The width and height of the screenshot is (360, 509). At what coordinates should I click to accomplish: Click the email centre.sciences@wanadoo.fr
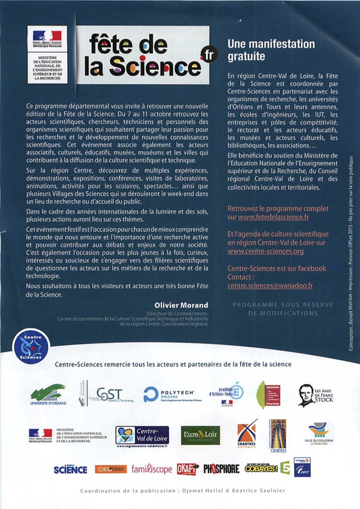pos(270,285)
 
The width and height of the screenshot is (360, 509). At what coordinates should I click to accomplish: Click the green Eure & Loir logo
pos(200,435)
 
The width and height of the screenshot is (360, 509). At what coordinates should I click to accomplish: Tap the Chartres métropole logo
pos(247,435)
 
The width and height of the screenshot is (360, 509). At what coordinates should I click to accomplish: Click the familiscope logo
pos(152,469)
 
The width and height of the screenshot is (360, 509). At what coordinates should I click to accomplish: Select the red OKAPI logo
pos(188,469)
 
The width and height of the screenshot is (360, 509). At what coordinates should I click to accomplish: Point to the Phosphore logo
pos(221,470)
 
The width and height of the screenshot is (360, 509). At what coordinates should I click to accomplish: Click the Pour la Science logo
pos(70,469)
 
